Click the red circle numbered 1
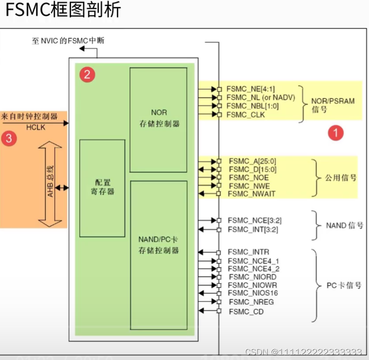[x=335, y=133]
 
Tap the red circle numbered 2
[x=87, y=74]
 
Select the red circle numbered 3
[x=9, y=138]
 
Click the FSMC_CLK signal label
[x=246, y=115]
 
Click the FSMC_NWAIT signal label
[x=252, y=194]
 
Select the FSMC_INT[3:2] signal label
[x=252, y=229]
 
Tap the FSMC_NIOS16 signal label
[x=253, y=293]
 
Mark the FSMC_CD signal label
[x=246, y=312]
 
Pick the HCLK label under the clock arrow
[x=36, y=127]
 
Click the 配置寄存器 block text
[x=102, y=187]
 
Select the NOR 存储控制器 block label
[x=159, y=118]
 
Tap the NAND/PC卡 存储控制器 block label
[x=159, y=245]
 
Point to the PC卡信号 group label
[x=344, y=285]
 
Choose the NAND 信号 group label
[x=344, y=225]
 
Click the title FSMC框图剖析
[x=63, y=10]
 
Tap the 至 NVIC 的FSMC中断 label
[x=68, y=41]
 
